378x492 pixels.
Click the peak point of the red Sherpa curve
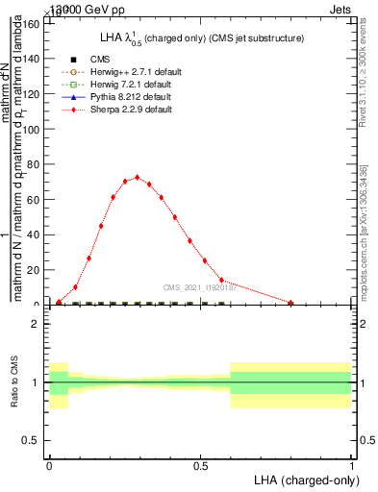(138, 177)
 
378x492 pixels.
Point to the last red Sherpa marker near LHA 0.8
(290, 303)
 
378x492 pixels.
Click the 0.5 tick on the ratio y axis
(30, 440)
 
